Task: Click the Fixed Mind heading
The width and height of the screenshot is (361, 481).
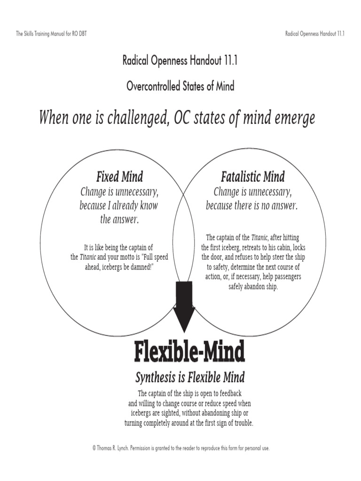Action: (x=119, y=177)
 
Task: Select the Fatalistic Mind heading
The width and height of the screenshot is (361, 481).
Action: (x=252, y=177)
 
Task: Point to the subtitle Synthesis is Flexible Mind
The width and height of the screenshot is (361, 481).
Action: (x=190, y=377)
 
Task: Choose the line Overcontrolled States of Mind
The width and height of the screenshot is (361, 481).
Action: (x=180, y=86)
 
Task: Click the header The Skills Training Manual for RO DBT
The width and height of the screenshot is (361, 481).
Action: (x=52, y=34)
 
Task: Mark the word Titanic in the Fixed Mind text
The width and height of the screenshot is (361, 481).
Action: (x=88, y=257)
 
